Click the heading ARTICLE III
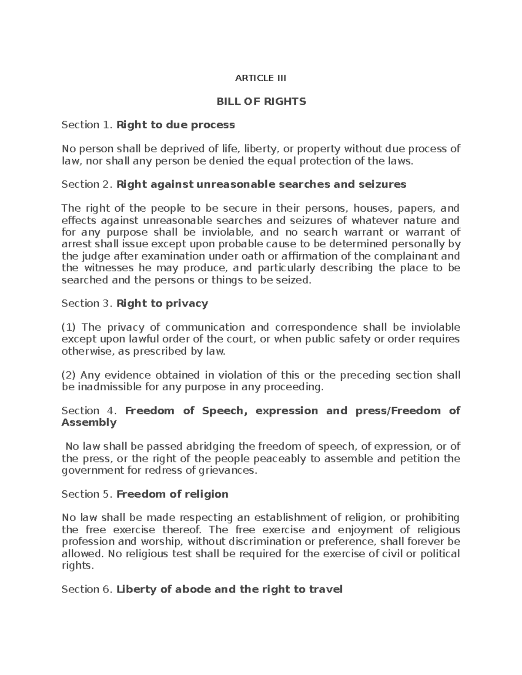coord(261,78)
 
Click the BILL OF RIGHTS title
coord(261,102)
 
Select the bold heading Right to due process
coord(176,125)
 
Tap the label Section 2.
coord(87,185)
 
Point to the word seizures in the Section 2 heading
coord(381,185)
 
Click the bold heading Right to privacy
coord(162,303)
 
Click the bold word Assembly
coord(89,423)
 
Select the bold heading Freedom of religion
coord(172,494)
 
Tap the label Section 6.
coord(87,589)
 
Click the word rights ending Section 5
coord(77,566)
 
